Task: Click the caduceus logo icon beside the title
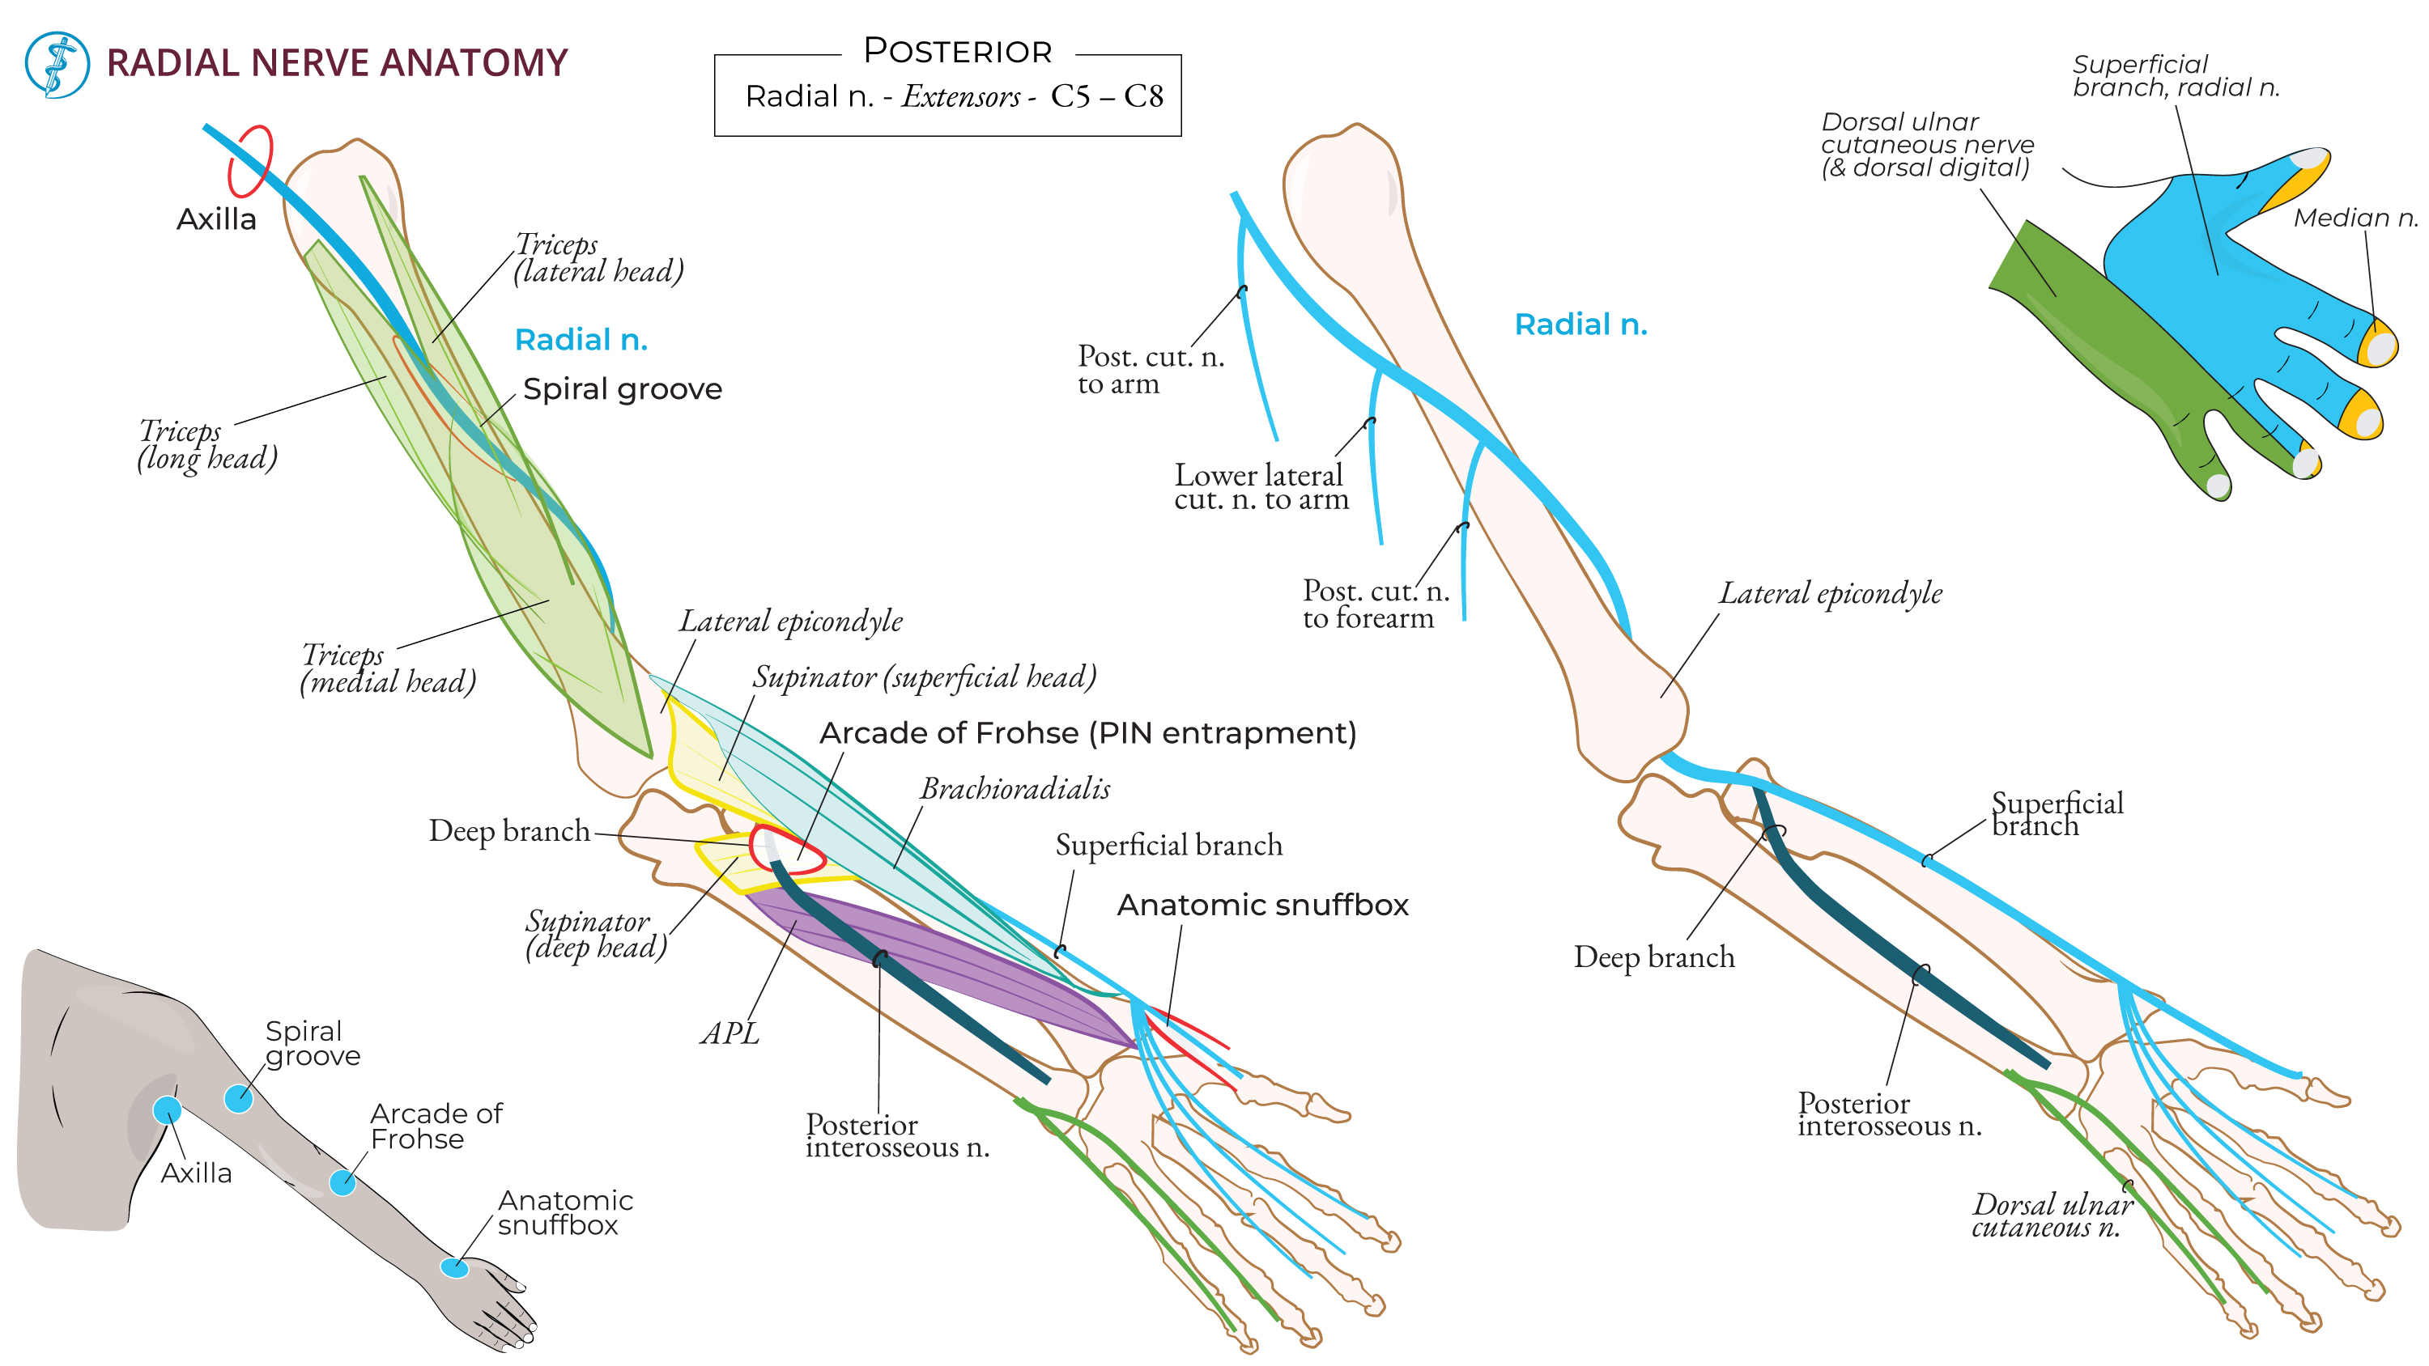point(57,64)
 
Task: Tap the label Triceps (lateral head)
point(598,258)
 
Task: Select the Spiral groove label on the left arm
point(623,389)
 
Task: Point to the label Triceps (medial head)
point(388,668)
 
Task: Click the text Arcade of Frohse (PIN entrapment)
point(1087,733)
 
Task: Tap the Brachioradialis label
point(1015,789)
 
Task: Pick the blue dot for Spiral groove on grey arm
point(239,1098)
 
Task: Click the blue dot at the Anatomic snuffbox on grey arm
point(454,1268)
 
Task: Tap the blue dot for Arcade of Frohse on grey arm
point(342,1182)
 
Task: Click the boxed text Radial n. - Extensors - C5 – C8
point(952,96)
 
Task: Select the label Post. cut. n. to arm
point(1150,371)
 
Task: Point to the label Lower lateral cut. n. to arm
point(1260,487)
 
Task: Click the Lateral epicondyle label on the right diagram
point(1829,594)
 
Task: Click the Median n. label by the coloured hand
point(2355,218)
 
